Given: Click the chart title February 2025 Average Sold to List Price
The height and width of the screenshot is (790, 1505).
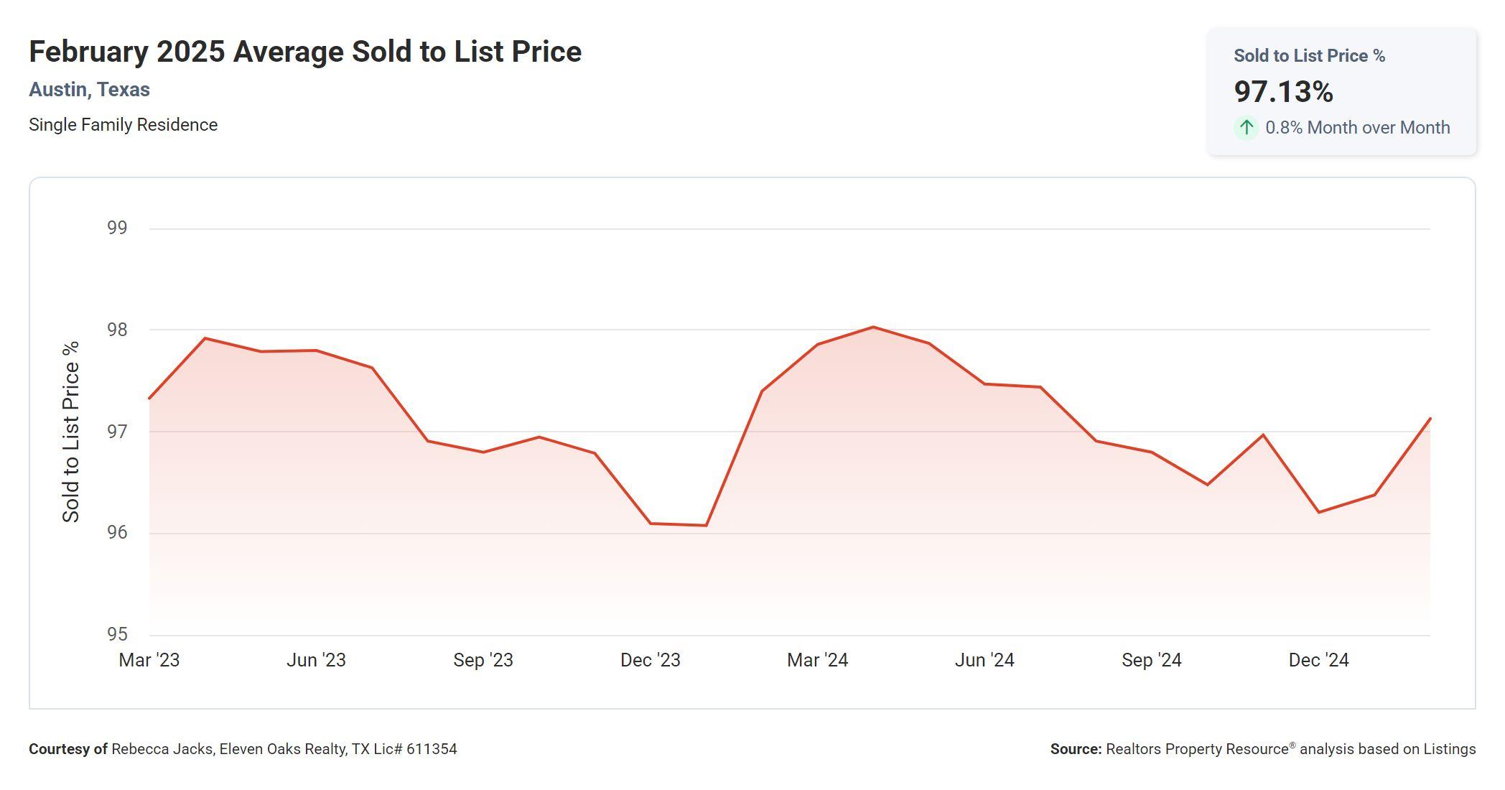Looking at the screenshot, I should [305, 52].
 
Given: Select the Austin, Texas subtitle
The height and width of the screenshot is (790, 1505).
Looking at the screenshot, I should [89, 90].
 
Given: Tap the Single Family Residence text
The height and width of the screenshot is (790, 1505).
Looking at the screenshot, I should [123, 125].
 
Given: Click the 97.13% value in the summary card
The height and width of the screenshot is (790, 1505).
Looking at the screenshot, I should [1283, 92].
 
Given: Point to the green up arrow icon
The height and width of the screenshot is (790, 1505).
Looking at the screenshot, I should [1247, 128].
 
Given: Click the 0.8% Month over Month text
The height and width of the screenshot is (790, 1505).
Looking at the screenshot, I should [1357, 128].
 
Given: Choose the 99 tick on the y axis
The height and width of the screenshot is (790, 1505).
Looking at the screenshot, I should [117, 228].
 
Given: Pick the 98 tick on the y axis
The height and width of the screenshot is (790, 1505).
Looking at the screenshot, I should [117, 330].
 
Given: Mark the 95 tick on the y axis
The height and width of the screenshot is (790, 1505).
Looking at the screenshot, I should [117, 634].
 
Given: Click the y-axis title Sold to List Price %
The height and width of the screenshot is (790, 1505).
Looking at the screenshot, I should [71, 432].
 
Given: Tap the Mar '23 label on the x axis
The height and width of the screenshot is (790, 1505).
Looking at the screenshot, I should [149, 660].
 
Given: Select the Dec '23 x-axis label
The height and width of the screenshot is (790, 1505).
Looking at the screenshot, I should [650, 660].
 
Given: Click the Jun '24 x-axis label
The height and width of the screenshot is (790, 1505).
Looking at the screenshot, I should [984, 660].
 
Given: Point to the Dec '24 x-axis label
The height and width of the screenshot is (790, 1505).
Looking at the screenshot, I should [1318, 660].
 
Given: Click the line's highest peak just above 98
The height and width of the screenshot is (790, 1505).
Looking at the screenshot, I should [873, 327].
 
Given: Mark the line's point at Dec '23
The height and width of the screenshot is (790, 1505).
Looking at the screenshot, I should [651, 524].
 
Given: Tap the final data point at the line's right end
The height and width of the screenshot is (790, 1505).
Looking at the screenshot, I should [1430, 419].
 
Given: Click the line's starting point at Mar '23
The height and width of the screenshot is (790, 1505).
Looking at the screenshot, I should [150, 398].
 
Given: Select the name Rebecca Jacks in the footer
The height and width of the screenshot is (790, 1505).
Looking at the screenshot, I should [162, 749].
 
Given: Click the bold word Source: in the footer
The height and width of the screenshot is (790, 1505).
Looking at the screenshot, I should [1076, 749].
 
